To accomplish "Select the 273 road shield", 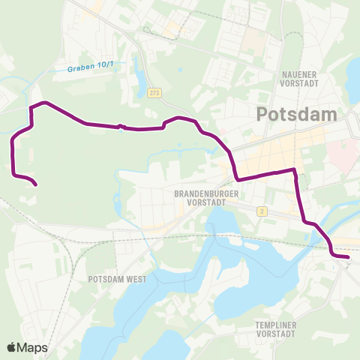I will [154, 92].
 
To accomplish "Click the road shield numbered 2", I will [262, 211].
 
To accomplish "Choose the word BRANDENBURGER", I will [206, 193].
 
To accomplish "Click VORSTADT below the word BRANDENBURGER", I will [206, 202].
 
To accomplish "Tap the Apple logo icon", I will [11, 347].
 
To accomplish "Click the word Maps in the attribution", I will [33, 347].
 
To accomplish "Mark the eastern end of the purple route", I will [349, 256].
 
